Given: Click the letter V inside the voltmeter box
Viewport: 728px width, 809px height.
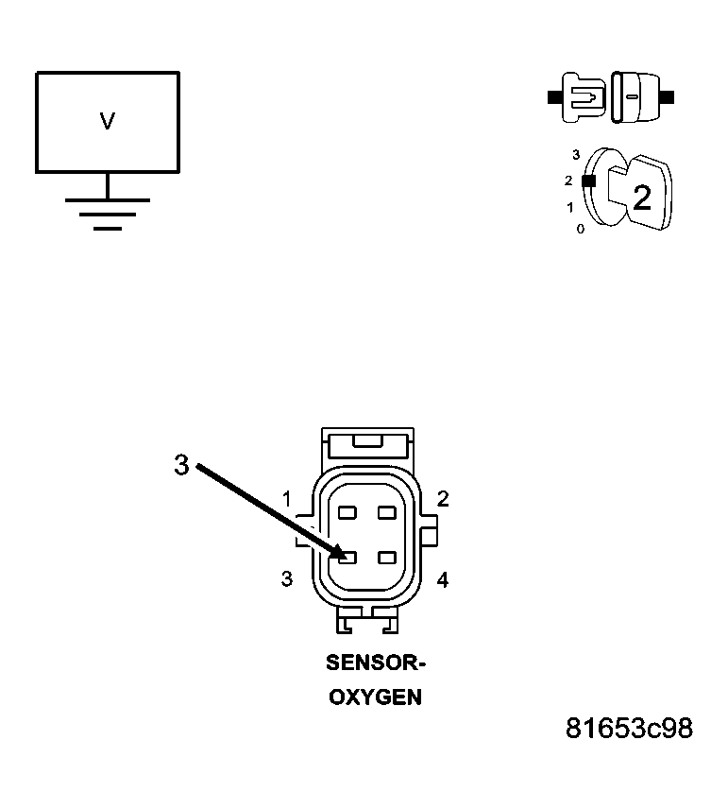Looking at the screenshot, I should tap(107, 121).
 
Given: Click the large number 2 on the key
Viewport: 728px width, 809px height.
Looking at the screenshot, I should tap(641, 198).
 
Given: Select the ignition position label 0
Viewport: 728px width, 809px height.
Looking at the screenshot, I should tap(580, 229).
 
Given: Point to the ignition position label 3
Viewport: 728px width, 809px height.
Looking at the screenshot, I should tap(575, 153).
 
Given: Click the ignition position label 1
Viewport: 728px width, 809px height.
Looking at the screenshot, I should tap(569, 206).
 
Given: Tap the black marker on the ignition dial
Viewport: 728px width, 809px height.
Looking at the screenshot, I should tap(588, 181).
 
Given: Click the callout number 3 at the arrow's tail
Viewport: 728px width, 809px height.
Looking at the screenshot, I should tap(181, 464).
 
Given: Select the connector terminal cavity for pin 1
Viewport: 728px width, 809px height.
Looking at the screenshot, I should tap(347, 512).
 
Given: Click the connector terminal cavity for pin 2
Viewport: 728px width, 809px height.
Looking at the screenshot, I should tap(386, 512).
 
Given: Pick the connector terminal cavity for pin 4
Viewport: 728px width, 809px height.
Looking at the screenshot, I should tap(386, 558).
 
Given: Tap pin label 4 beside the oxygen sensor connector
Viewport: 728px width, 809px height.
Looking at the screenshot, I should tap(442, 579).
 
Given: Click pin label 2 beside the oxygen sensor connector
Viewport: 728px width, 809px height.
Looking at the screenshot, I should tap(442, 499).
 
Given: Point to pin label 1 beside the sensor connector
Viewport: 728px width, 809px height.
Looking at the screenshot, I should tap(286, 498).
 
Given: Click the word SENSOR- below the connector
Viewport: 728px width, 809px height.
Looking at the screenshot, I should tap(376, 663).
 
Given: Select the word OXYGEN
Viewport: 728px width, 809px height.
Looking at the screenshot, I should tap(375, 698).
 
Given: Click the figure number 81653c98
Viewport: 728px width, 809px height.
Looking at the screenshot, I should tap(629, 729).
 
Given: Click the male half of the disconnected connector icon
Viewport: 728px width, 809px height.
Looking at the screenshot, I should tap(581, 96).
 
